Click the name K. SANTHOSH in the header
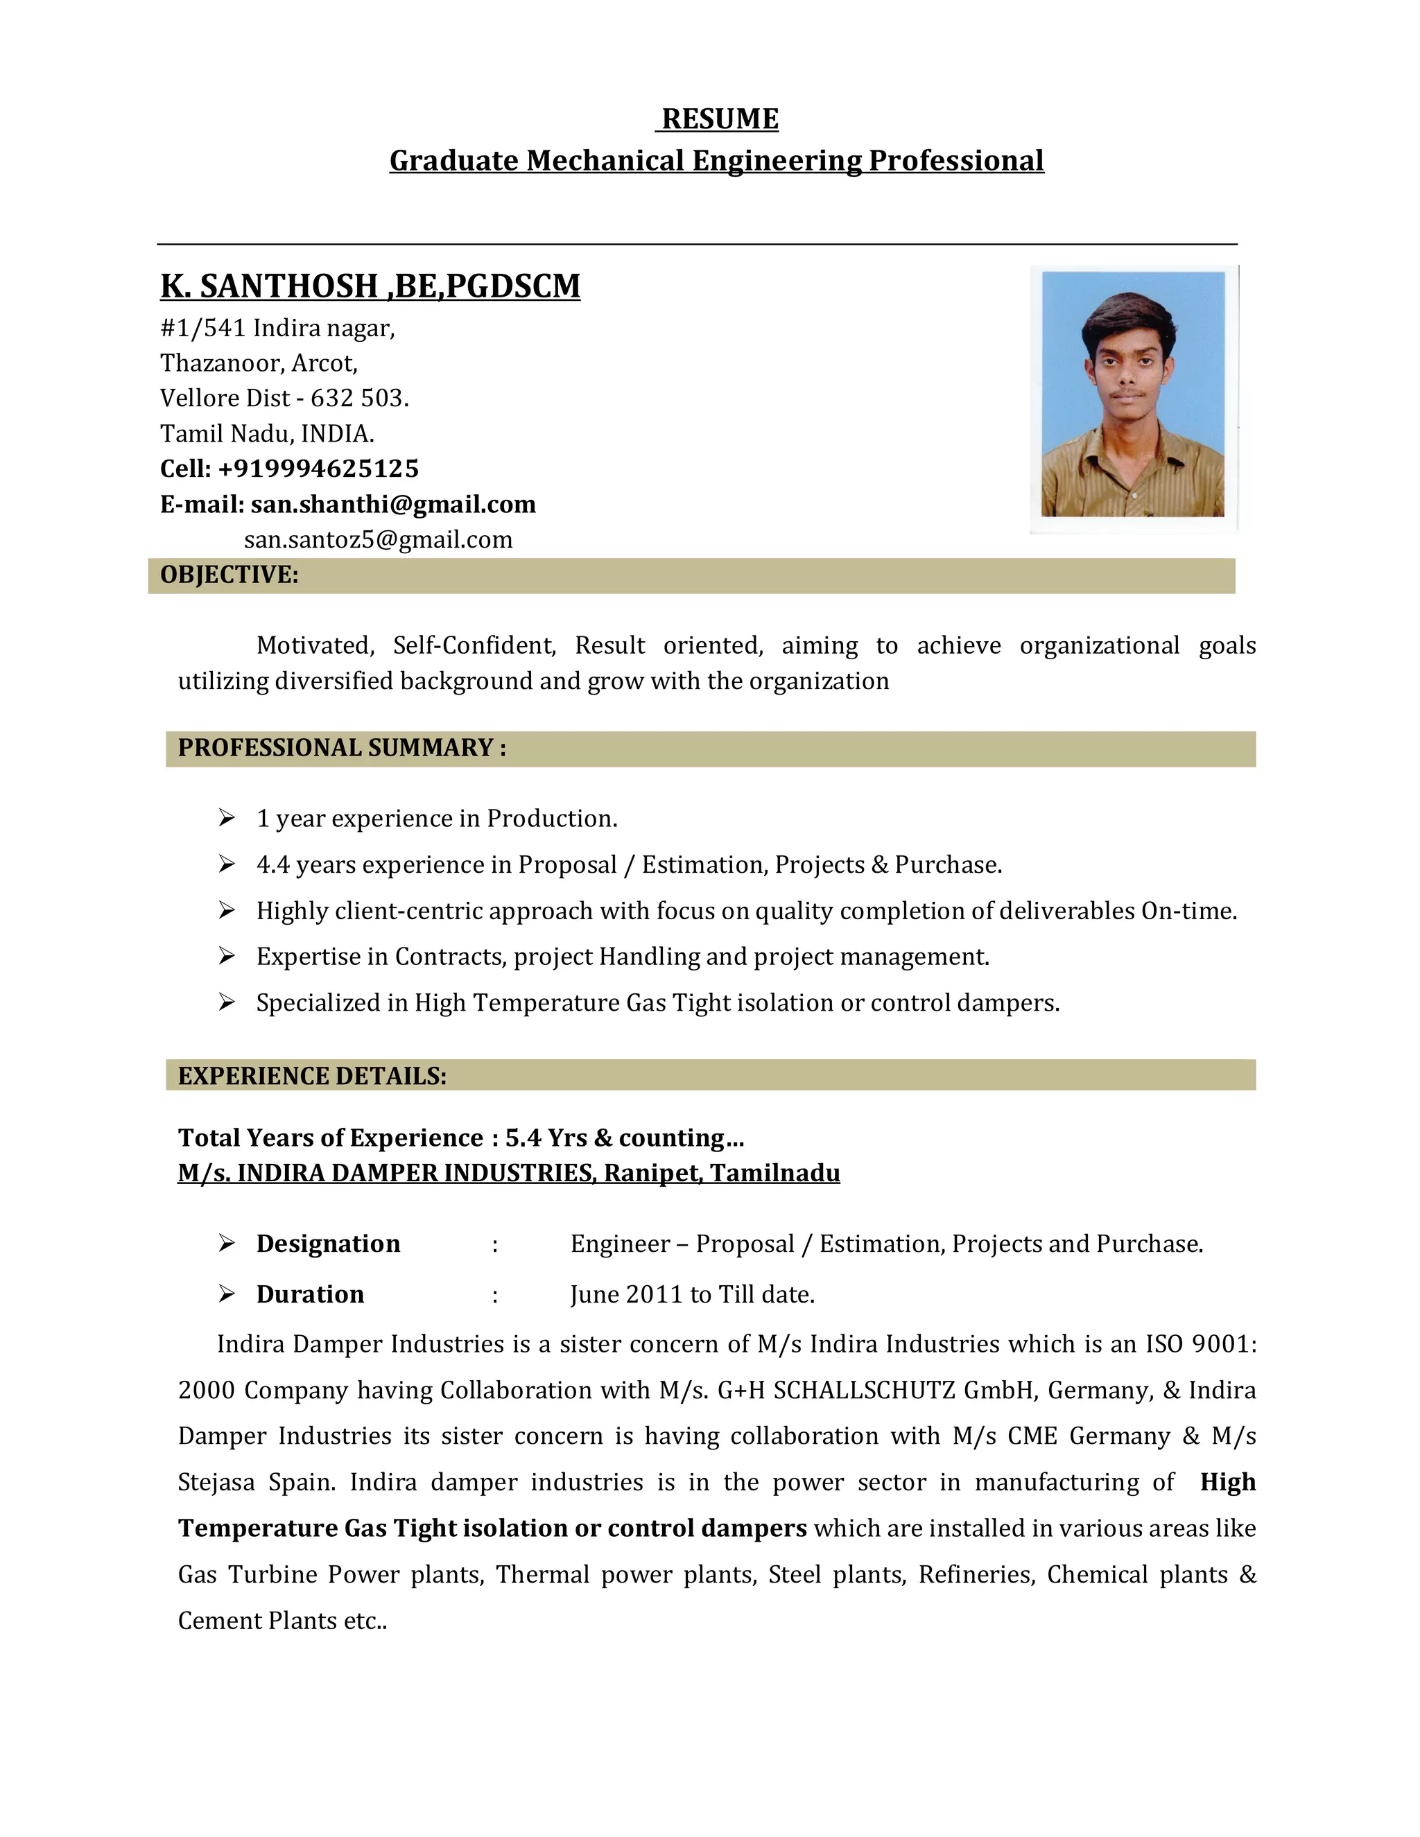269,287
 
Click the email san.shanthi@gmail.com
393,505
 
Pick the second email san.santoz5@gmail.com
378,540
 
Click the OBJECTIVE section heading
229,575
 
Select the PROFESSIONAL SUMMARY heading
342,748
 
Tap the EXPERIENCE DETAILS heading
312,1076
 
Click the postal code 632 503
359,398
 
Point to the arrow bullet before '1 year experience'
226,817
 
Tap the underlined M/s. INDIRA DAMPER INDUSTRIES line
508,1174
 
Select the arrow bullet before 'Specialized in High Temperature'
226,1002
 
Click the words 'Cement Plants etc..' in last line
282,1621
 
